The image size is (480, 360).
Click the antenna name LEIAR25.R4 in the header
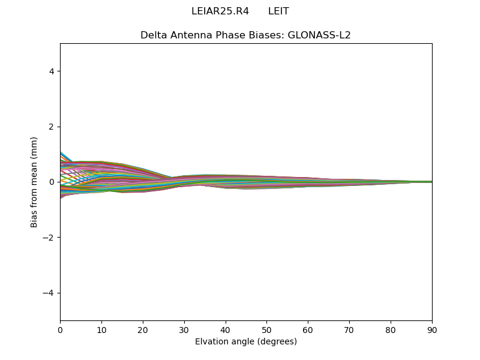point(220,11)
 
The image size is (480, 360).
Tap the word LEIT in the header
point(278,11)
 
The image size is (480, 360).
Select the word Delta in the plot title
point(153,35)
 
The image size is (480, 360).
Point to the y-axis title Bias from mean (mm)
point(34,182)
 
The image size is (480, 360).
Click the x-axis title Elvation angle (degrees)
point(246,342)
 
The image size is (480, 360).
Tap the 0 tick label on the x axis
point(60,329)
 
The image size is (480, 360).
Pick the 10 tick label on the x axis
point(101,329)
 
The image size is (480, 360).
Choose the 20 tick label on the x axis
point(143,329)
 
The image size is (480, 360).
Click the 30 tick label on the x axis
point(184,329)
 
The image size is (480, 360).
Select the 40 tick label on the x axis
point(226,329)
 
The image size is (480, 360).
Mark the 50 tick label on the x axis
point(266,329)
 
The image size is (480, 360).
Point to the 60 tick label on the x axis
point(308,329)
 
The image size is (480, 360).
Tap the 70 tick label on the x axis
point(349,329)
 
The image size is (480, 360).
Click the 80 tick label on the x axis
point(391,329)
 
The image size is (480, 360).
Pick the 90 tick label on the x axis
point(432,329)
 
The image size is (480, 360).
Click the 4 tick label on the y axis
point(52,71)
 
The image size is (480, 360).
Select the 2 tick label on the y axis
point(52,127)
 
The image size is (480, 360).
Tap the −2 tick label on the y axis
point(49,238)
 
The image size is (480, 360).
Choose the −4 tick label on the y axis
point(49,293)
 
